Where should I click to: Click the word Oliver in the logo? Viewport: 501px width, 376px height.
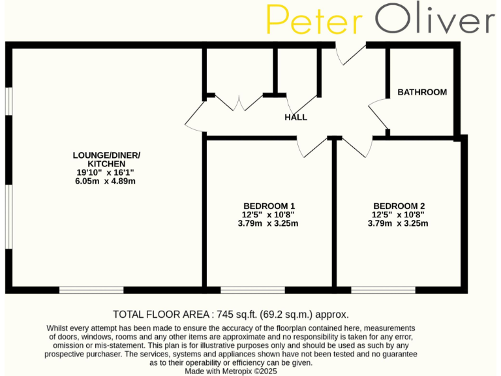[x=435, y=20]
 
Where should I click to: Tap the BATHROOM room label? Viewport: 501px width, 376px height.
[x=422, y=92]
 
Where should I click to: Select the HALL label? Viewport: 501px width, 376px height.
[x=296, y=117]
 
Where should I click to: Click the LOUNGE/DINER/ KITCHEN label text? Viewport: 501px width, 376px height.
[x=106, y=159]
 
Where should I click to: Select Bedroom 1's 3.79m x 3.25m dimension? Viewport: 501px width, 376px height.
[x=269, y=223]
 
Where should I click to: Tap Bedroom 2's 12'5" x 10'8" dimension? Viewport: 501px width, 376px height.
[x=398, y=213]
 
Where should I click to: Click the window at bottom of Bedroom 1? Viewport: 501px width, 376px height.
[x=252, y=289]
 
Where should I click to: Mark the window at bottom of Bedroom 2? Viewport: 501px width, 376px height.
[x=382, y=289]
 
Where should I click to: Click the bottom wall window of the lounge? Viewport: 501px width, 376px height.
[x=91, y=289]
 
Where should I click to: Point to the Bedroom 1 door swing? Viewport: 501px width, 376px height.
[x=307, y=148]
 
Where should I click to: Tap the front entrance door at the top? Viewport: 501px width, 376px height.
[x=350, y=54]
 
